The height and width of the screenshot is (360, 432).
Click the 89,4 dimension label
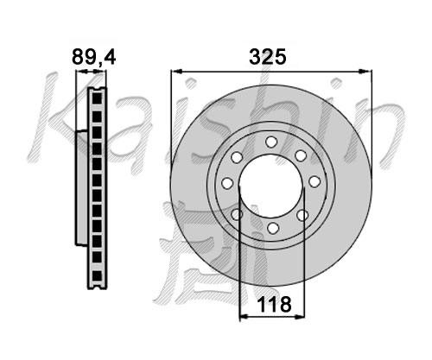(93, 57)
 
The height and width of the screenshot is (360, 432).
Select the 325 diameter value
(268, 57)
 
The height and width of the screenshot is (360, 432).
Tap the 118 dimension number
(274, 304)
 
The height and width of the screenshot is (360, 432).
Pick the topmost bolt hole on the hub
(271, 142)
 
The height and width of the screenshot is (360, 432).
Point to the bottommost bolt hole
(273, 228)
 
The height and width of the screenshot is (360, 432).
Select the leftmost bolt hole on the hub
(227, 183)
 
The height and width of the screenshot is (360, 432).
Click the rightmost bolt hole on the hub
(314, 181)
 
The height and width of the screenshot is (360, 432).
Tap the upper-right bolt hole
(301, 155)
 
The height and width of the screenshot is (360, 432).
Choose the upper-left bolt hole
(237, 157)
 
